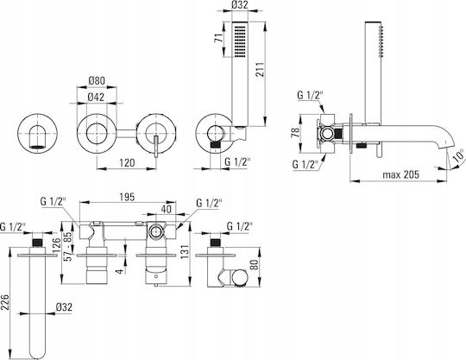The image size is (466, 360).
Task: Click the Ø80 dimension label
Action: point(97,80)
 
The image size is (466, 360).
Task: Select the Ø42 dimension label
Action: point(97,98)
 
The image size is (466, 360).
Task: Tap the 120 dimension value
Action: point(127,163)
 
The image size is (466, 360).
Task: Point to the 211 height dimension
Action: point(261,70)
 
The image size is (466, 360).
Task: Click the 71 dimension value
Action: point(218,38)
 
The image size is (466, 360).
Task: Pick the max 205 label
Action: point(400,174)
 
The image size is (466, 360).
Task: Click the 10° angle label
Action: point(458,156)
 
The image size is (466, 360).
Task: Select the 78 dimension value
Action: point(295,132)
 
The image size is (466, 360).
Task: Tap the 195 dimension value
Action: point(127,197)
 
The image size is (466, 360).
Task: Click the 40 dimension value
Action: point(167,209)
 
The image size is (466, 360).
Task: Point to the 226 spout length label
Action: point(5,302)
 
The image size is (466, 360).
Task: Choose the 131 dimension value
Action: point(185,252)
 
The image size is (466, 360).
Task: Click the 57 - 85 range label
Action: point(69,246)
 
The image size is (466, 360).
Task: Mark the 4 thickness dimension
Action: point(119,271)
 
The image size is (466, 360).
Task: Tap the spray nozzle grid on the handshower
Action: point(240,41)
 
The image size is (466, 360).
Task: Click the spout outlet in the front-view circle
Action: point(38,146)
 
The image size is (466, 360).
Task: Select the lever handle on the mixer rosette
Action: point(156,146)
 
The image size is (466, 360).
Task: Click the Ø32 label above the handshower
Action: point(240,5)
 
